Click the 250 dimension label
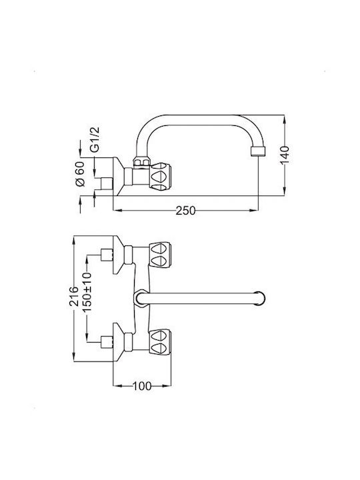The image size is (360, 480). pyautogui.click(x=185, y=211)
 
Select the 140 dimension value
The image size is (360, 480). pyautogui.click(x=285, y=155)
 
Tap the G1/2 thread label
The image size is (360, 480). pyautogui.click(x=95, y=139)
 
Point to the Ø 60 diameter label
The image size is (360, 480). pyautogui.click(x=79, y=173)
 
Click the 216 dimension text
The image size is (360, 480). pyautogui.click(x=74, y=296)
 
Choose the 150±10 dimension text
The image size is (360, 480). pyautogui.click(x=87, y=292)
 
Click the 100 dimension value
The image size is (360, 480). pyautogui.click(x=142, y=386)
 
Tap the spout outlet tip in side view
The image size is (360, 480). pyautogui.click(x=258, y=151)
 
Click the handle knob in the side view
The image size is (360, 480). pyautogui.click(x=160, y=177)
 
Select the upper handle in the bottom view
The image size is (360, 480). pyautogui.click(x=160, y=255)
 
